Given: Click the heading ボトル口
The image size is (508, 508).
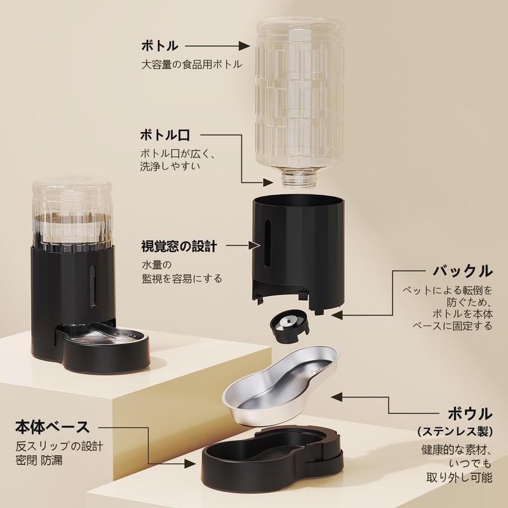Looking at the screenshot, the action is coord(165,135).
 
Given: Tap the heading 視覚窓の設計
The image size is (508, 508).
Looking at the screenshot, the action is coord(179,246).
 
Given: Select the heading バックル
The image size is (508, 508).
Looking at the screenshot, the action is coord(463,271).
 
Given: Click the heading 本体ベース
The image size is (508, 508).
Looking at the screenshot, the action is coord(53,427).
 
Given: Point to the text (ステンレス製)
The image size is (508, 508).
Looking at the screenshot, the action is coord(455,431).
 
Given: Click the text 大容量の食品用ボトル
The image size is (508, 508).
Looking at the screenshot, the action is coord(192,64).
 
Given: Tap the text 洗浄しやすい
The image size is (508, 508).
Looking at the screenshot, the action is coord(170,166).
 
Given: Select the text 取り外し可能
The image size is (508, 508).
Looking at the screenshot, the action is coord(459,478).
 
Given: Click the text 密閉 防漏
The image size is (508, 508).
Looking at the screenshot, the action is coord(39,460).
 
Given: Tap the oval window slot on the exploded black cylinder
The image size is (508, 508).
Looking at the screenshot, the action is coord(267,244).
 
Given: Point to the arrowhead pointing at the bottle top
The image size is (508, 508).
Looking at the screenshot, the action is coord(244,46).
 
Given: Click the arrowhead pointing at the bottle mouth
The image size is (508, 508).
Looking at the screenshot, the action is coord(268,182).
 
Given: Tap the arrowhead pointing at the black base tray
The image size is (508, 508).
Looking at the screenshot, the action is coord(190,464).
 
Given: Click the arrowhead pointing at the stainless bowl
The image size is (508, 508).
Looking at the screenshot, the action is coord(337,396).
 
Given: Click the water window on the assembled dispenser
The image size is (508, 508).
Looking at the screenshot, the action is coord(93,287).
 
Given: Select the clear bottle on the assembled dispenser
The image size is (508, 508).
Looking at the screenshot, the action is coord(72,214).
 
